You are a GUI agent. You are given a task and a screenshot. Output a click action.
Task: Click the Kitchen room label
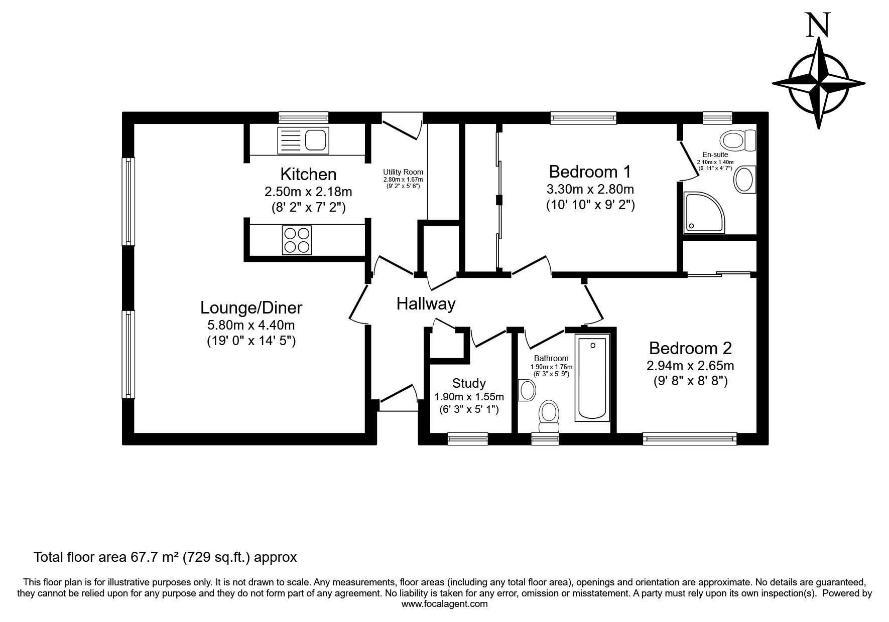(x=308, y=175)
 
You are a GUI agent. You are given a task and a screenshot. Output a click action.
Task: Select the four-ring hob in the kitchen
(x=298, y=240)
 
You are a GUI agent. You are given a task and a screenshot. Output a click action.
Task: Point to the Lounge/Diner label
(x=251, y=307)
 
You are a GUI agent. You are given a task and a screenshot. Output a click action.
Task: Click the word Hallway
(x=426, y=303)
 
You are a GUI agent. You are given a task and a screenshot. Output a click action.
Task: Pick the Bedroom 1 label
(x=590, y=172)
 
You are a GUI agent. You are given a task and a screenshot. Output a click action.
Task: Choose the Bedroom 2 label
(x=690, y=348)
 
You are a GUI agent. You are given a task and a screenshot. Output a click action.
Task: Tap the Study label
(x=469, y=383)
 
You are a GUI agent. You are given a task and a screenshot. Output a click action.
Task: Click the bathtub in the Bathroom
(x=592, y=378)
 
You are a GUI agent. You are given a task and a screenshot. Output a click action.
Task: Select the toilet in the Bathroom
(x=549, y=416)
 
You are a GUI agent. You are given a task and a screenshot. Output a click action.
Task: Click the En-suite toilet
(x=738, y=140)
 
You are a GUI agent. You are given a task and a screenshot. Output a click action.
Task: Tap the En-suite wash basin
(x=745, y=179)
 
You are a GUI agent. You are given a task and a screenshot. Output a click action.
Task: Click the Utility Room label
(x=403, y=172)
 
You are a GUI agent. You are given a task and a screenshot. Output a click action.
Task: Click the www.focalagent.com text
(x=445, y=604)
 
